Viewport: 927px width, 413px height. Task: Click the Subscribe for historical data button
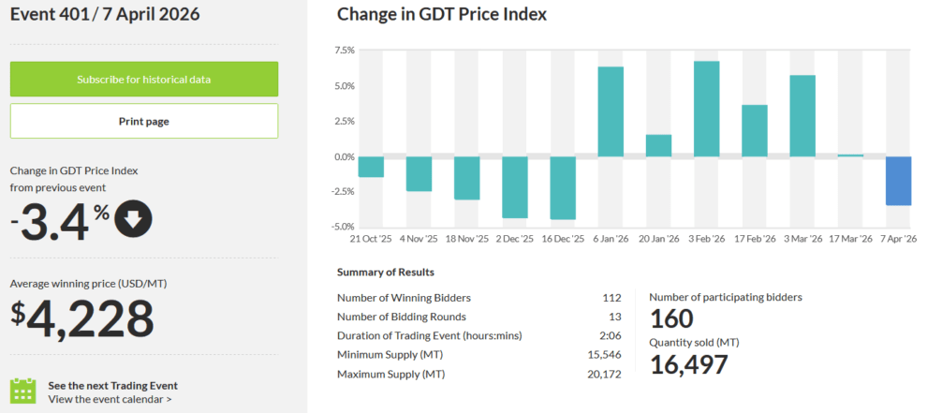pyautogui.click(x=144, y=79)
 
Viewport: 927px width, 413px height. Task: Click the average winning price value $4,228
pyautogui.click(x=82, y=318)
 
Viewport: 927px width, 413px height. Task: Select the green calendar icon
pyautogui.click(x=22, y=391)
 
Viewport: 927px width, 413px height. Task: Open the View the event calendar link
pyautogui.click(x=110, y=399)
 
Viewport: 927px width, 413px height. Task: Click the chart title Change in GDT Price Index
pyautogui.click(x=442, y=14)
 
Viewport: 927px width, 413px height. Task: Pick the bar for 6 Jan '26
pyautogui.click(x=611, y=111)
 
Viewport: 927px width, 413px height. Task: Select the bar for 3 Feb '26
pyautogui.click(x=706, y=109)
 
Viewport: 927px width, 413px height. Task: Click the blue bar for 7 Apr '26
pyautogui.click(x=898, y=181)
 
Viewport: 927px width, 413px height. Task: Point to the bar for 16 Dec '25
pyautogui.click(x=563, y=187)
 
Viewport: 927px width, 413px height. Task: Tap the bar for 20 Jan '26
pyautogui.click(x=658, y=145)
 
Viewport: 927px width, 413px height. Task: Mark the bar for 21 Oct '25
pyautogui.click(x=372, y=167)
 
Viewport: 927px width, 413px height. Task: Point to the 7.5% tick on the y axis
pyautogui.click(x=344, y=51)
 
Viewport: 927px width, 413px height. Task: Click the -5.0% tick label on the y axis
pyautogui.click(x=342, y=227)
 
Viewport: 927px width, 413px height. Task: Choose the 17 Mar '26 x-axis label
pyautogui.click(x=849, y=240)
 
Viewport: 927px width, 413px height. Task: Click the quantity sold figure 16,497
pyautogui.click(x=688, y=364)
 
